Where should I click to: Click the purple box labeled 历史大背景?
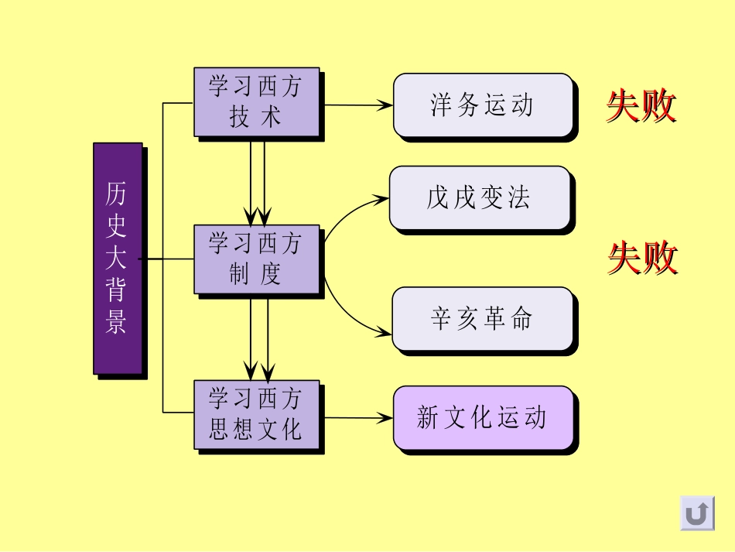118,258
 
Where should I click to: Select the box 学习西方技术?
255,101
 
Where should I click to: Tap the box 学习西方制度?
255,259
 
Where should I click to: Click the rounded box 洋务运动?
483,105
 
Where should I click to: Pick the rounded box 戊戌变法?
479,198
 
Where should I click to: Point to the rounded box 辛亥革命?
482,319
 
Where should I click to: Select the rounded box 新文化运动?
483,417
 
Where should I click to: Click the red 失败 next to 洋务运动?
641,106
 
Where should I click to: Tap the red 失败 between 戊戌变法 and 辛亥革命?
642,258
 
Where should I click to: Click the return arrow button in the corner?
697,513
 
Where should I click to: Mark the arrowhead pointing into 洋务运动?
385,105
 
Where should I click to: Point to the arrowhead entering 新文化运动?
385,418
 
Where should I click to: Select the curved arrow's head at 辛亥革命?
385,333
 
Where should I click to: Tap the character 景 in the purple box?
117,322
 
